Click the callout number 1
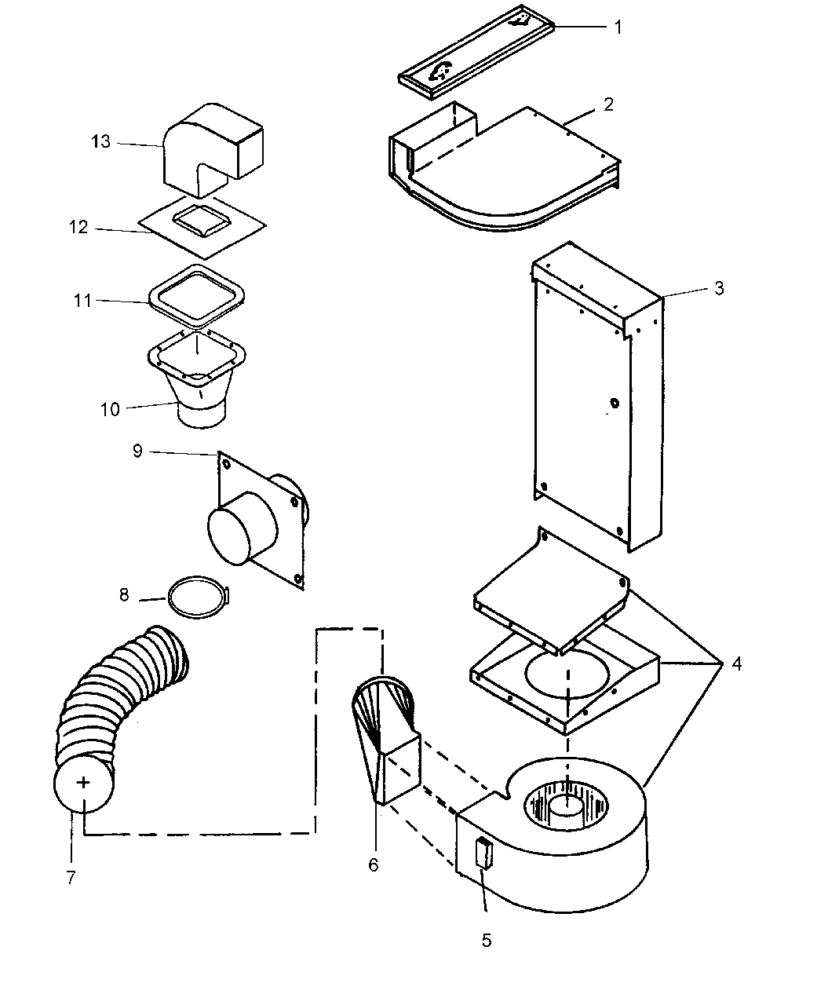pos(618,27)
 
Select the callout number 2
pos(608,104)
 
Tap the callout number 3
pos(718,288)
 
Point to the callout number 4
pos(735,664)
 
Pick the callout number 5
pos(487,940)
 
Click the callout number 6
pos(373,864)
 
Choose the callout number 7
pos(71,877)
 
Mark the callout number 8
pos(124,595)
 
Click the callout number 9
pos(137,453)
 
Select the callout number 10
pos(110,408)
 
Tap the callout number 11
pos(83,301)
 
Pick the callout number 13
pos(100,141)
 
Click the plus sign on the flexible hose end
pos(83,782)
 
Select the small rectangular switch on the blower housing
pos(483,853)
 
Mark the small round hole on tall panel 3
pos(614,404)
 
